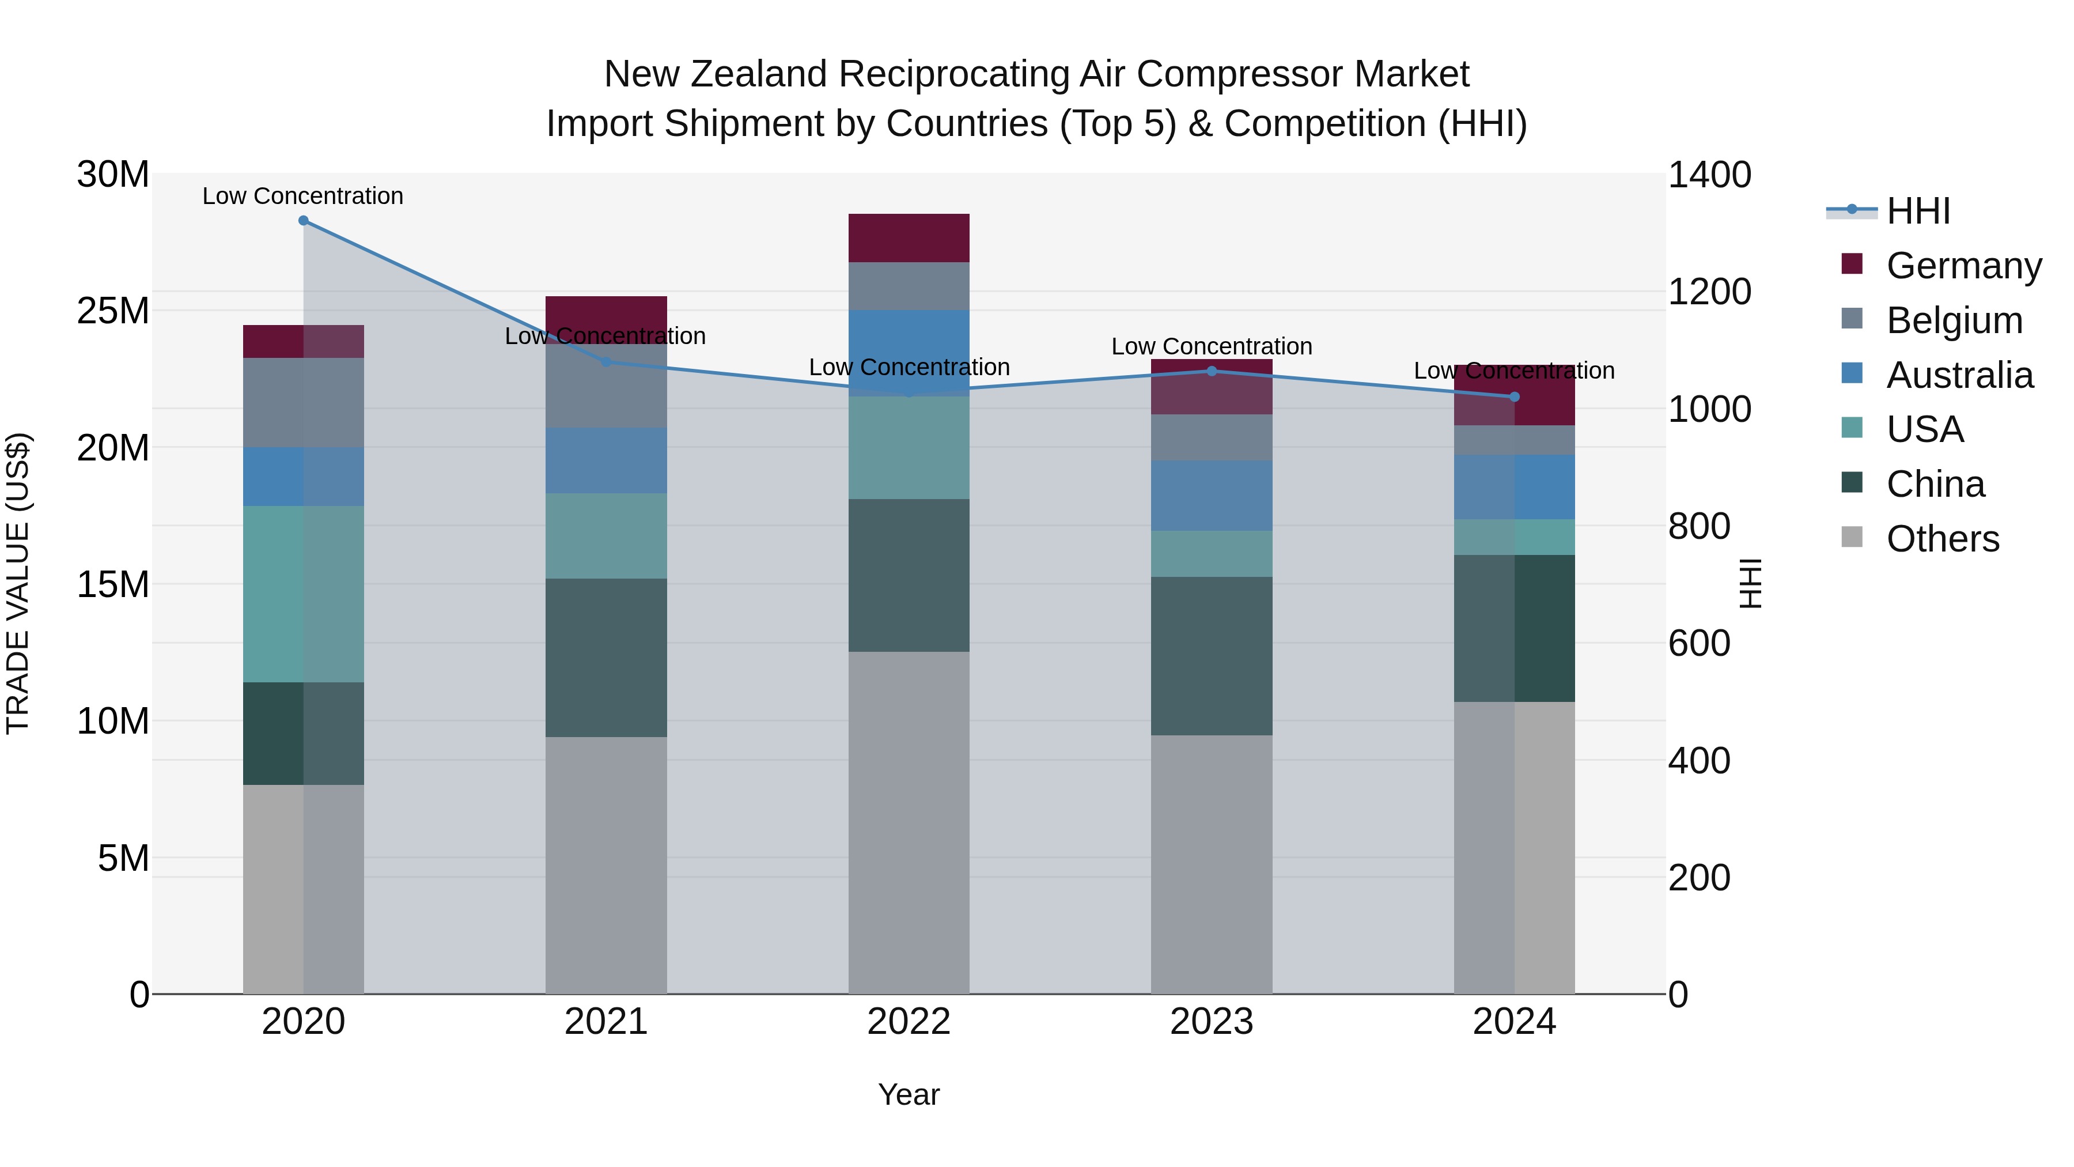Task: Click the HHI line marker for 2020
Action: point(304,221)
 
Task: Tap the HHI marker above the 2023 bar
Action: point(1212,371)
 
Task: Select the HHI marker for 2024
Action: point(1515,397)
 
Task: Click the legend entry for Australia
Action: point(1959,375)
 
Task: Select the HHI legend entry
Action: point(1918,211)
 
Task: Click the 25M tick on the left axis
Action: point(113,311)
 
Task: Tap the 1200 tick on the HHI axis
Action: point(1709,292)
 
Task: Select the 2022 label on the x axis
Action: point(909,1022)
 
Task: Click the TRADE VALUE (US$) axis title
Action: point(18,583)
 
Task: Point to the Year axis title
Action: point(909,1094)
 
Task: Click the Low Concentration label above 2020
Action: point(302,196)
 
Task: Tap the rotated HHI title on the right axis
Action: point(1750,583)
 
